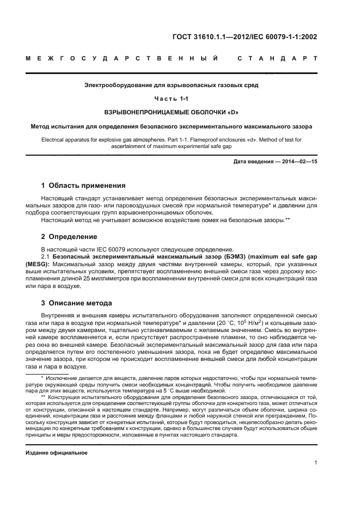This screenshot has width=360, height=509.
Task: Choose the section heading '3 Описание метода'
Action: point(77,303)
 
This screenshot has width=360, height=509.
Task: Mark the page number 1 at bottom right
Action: point(315,463)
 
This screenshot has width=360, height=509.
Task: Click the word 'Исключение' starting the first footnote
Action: point(61,377)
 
